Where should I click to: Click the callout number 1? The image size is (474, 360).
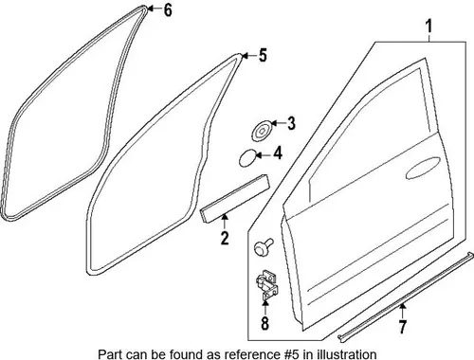click(428, 27)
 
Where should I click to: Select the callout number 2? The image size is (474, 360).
click(225, 238)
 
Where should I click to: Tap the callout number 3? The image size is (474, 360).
click(291, 123)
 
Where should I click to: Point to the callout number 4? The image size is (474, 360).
click(278, 153)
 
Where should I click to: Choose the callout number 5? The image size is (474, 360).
click(263, 55)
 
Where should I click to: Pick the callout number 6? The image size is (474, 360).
click(168, 9)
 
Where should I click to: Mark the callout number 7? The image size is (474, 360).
click(402, 327)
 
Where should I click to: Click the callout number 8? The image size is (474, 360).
click(264, 323)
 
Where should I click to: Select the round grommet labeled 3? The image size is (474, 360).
click(262, 131)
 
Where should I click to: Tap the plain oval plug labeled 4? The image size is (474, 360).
click(247, 157)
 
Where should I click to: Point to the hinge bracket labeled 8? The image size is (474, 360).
click(266, 284)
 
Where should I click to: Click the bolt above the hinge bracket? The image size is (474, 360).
click(264, 246)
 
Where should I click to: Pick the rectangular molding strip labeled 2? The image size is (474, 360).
click(234, 199)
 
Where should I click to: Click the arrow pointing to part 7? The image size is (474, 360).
click(402, 311)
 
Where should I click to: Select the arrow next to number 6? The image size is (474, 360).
click(155, 9)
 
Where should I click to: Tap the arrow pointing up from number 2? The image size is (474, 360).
click(225, 222)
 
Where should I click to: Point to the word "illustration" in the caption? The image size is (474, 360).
click(347, 354)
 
